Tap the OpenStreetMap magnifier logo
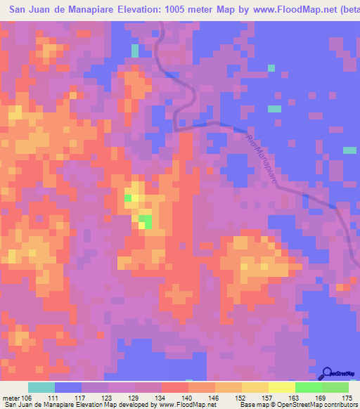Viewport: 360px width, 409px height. click(x=326, y=373)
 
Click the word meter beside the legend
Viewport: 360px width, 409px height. click(x=11, y=398)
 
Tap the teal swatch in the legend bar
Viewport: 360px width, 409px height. click(x=41, y=387)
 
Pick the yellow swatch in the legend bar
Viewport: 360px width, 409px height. click(x=281, y=387)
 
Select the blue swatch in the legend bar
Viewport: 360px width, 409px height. click(x=68, y=387)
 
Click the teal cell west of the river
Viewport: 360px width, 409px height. click(x=134, y=50)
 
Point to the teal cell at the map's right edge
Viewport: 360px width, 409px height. click(x=349, y=150)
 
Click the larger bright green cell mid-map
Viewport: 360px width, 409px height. click(x=145, y=221)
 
